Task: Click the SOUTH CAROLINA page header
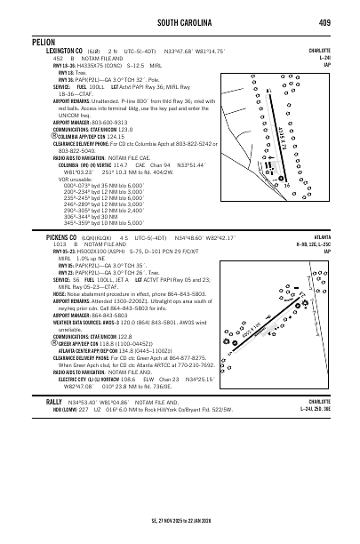(180, 21)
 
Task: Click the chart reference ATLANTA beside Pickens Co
(340, 238)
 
